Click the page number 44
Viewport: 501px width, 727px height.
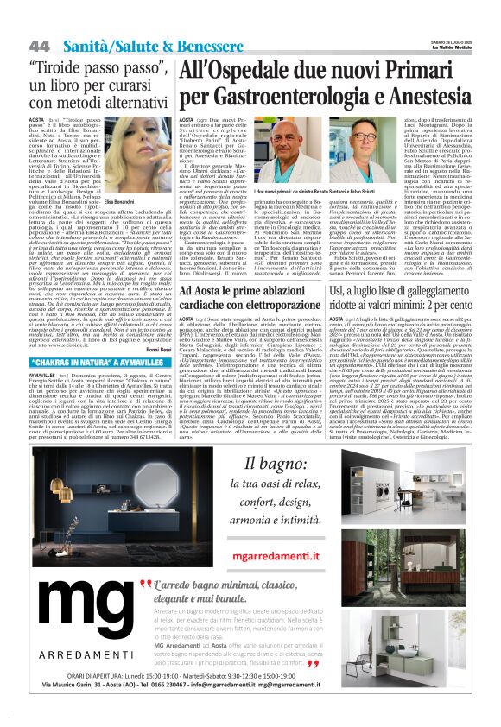(x=40, y=45)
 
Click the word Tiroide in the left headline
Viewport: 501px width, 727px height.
(x=57, y=67)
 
